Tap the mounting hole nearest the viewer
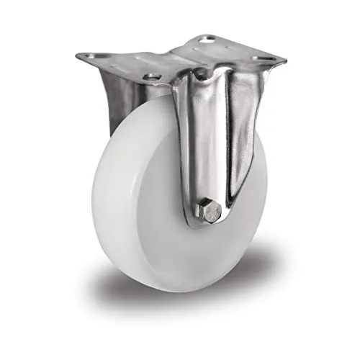tap(152, 76)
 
